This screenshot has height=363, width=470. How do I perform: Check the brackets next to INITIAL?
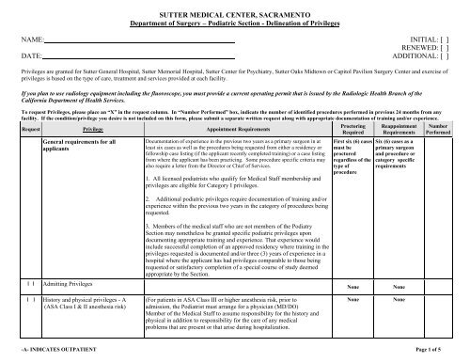click(x=455, y=41)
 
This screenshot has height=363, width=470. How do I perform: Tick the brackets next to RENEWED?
click(x=455, y=49)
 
